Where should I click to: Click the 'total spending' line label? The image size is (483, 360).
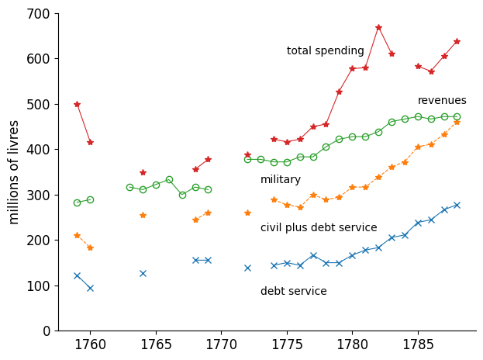[325, 51]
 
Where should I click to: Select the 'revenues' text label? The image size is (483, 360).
[442, 101]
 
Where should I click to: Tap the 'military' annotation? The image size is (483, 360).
[281, 180]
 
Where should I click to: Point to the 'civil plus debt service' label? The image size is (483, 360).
[319, 228]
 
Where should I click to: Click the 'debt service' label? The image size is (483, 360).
[294, 292]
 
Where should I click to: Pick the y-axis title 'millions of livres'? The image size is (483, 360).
[15, 171]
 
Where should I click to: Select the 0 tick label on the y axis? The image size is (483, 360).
[47, 331]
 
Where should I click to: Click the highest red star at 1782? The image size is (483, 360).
[378, 27]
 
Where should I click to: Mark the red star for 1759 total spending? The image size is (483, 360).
[77, 104]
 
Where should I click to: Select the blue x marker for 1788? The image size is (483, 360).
[457, 205]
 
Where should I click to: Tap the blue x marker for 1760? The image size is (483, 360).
[90, 288]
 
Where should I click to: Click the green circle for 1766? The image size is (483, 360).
[169, 179]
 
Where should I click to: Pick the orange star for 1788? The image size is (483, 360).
[457, 122]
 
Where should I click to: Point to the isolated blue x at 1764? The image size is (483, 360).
[143, 273]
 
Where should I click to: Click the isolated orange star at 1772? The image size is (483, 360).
[247, 213]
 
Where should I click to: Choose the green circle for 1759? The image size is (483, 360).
[77, 202]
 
